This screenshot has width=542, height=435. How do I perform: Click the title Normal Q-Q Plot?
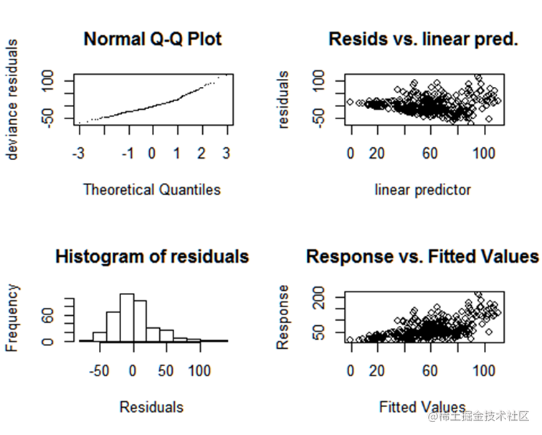[x=153, y=39]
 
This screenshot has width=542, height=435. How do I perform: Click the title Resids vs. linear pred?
[x=423, y=39]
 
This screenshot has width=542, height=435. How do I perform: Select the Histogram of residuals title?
[x=152, y=256]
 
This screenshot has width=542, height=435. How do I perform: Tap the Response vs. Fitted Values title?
[x=422, y=256]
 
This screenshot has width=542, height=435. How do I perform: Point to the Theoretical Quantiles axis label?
[x=152, y=190]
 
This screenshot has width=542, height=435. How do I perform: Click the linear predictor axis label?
[x=423, y=190]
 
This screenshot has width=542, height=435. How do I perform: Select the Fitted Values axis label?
[x=422, y=407]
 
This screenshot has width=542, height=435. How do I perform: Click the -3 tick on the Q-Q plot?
[x=78, y=153]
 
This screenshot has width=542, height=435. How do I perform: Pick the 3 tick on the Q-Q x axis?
[x=227, y=153]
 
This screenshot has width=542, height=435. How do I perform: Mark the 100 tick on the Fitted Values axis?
[x=485, y=370]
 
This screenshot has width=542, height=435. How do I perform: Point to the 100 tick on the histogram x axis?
[x=199, y=370]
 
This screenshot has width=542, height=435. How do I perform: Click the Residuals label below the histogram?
[x=151, y=407]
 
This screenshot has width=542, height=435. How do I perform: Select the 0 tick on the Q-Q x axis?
[x=152, y=153]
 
